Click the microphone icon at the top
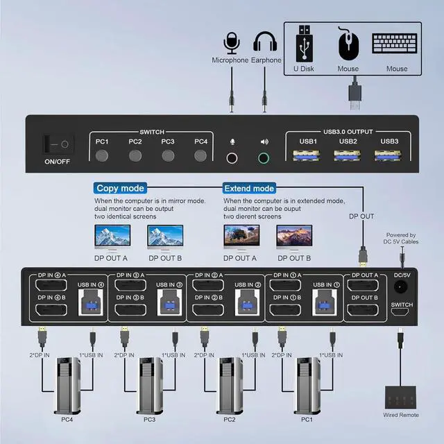(230, 42)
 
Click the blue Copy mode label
(121, 188)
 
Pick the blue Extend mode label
(249, 188)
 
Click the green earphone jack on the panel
(263, 157)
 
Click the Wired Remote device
(401, 398)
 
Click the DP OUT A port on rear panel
(364, 286)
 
